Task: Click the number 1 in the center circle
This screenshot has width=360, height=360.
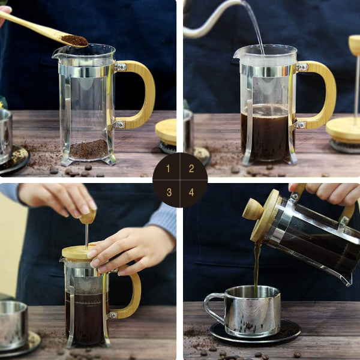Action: (x=169, y=169)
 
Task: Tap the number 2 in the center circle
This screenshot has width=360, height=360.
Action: (x=191, y=169)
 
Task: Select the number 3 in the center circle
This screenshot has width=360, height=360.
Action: (x=169, y=192)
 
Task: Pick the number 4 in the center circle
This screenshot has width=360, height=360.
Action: (x=191, y=192)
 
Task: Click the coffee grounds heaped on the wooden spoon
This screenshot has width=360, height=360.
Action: (x=74, y=40)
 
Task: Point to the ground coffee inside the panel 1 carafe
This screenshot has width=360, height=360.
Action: (x=88, y=149)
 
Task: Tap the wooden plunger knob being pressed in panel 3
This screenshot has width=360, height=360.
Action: (x=88, y=217)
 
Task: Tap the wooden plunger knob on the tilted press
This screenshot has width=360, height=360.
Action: (x=253, y=209)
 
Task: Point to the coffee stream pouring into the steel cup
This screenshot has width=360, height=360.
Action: (x=257, y=264)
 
